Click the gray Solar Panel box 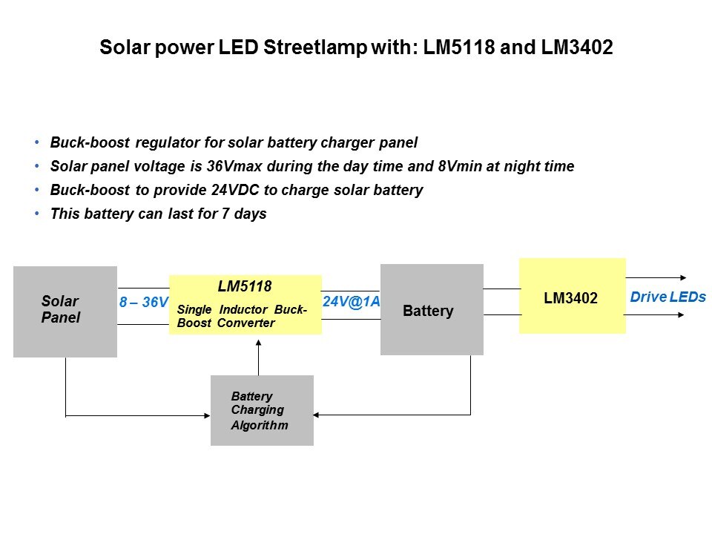[x=65, y=311]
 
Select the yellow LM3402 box [x=572, y=296]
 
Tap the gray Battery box [x=432, y=310]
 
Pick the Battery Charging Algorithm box [x=262, y=410]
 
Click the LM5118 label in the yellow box [x=245, y=286]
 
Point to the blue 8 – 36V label [x=144, y=303]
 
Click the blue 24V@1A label [x=351, y=302]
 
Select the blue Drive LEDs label [x=667, y=297]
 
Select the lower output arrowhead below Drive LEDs [x=685, y=315]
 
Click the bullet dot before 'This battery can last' [x=37, y=214]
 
